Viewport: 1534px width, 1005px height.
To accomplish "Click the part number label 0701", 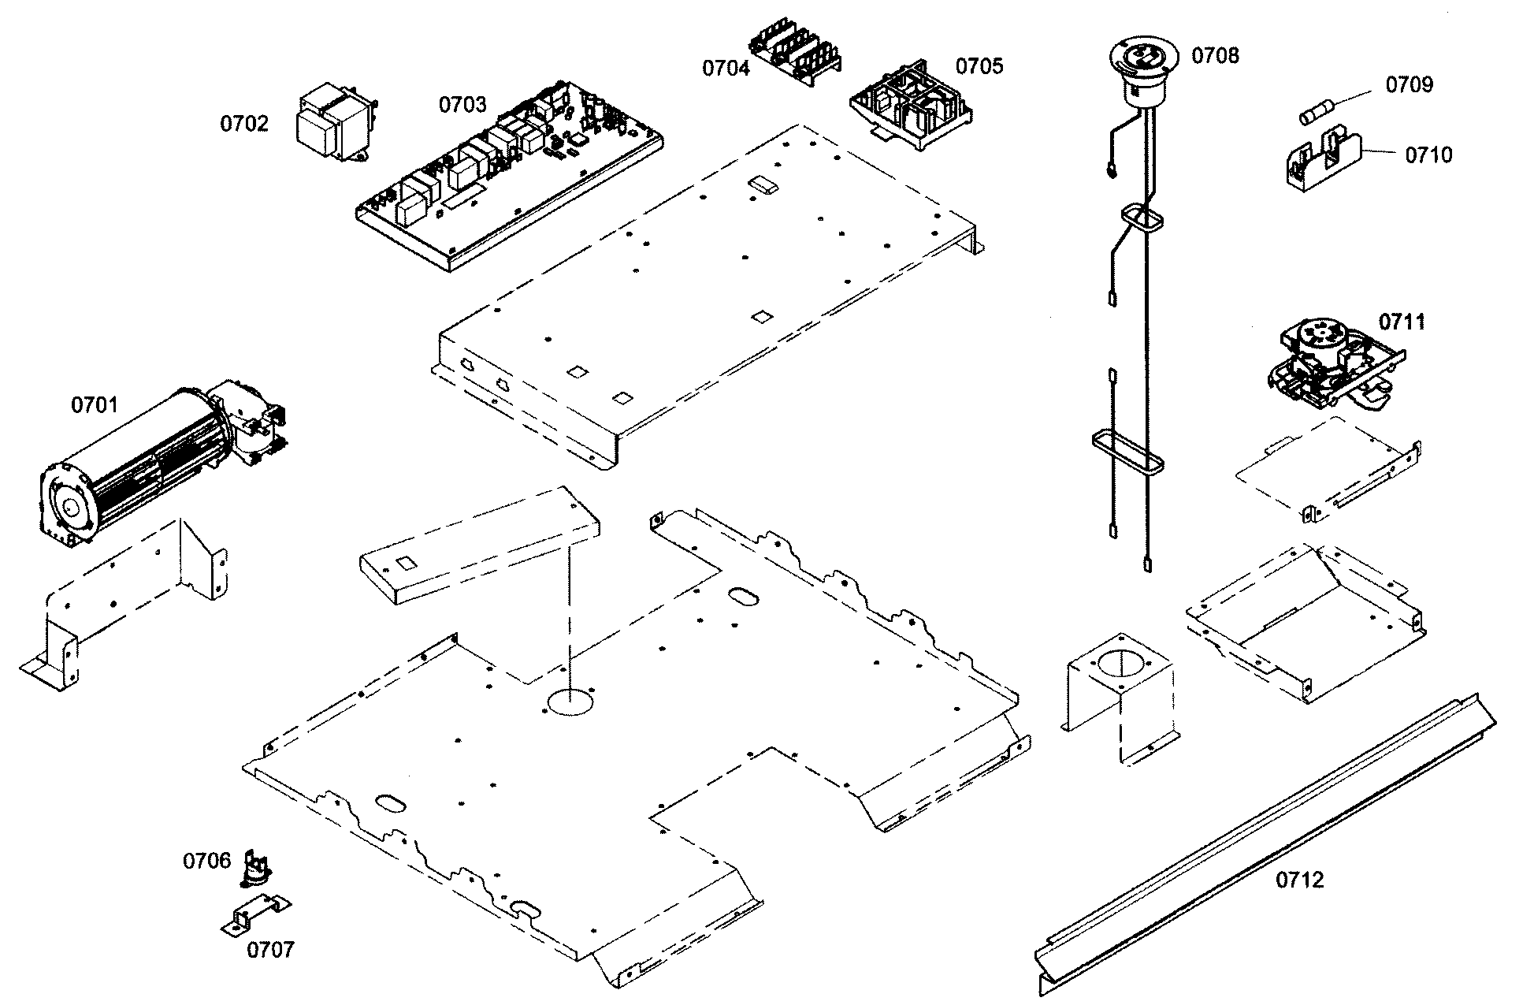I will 94,405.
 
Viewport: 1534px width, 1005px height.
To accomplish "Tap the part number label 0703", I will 462,104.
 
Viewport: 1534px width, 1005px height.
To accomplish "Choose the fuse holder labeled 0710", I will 1324,161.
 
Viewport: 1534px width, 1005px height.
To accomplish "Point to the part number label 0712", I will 1300,880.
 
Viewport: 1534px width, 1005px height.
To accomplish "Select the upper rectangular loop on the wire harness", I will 1142,218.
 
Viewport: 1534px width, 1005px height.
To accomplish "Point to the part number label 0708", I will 1215,55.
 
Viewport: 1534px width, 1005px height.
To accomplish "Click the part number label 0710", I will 1428,155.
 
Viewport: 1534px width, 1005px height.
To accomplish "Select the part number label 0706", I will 206,861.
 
